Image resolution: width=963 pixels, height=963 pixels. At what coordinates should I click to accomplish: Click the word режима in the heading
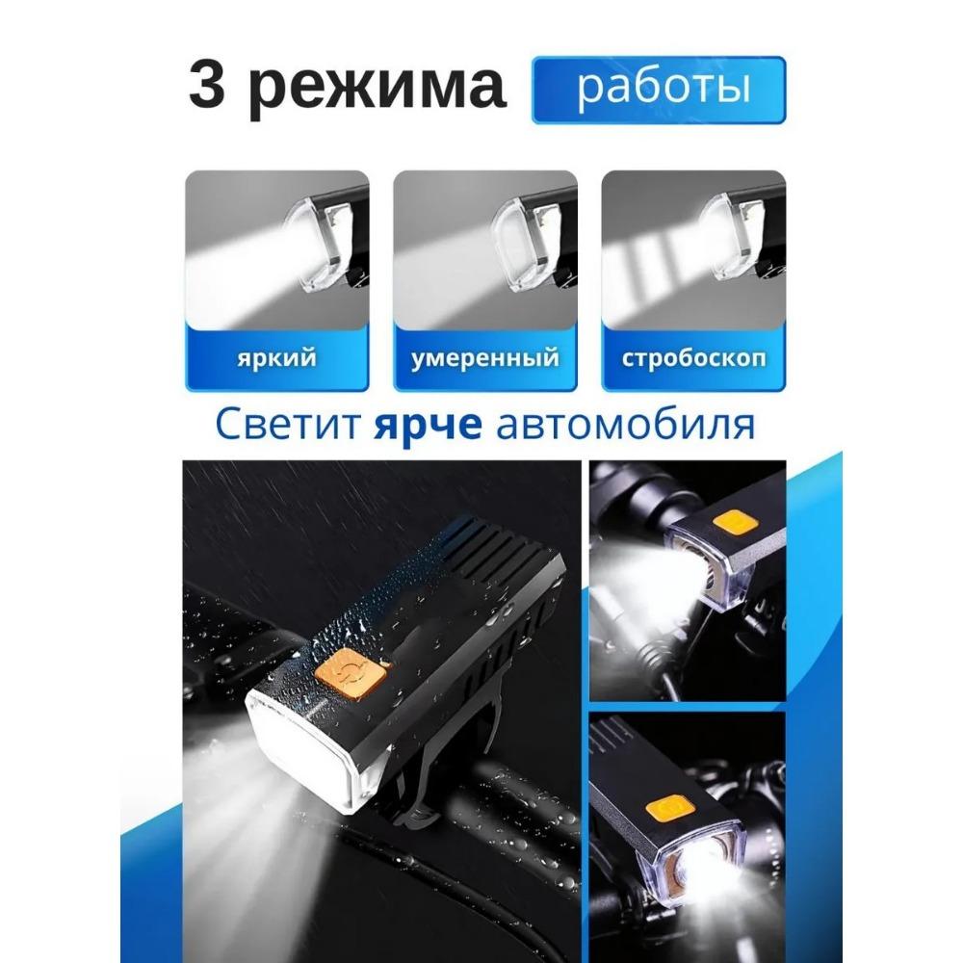pyautogui.click(x=377, y=90)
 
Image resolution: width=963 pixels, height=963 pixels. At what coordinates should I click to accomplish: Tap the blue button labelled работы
pyautogui.click(x=659, y=90)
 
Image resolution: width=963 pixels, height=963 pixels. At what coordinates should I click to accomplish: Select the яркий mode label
pyautogui.click(x=277, y=357)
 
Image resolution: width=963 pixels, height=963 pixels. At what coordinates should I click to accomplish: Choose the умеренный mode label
pyautogui.click(x=485, y=358)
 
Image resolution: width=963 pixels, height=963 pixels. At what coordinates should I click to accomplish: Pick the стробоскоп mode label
pyautogui.click(x=693, y=358)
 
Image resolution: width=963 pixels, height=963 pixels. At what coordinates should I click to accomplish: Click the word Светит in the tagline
pyautogui.click(x=287, y=425)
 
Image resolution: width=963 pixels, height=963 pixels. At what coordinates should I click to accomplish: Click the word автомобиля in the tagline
pyautogui.click(x=625, y=425)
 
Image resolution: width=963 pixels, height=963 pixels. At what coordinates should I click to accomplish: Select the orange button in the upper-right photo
pyautogui.click(x=735, y=523)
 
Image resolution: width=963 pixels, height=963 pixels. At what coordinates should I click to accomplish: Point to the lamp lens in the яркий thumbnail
pyautogui.click(x=313, y=246)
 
